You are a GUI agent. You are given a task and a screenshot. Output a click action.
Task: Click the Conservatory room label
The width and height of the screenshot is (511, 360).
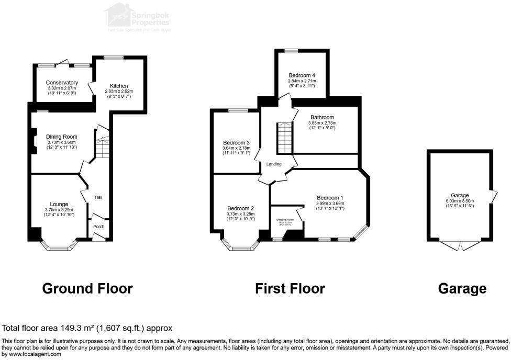(62, 83)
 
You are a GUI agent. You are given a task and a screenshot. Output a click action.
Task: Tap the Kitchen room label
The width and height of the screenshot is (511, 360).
(118, 86)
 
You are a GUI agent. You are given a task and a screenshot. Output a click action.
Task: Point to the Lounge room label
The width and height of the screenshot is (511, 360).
(59, 204)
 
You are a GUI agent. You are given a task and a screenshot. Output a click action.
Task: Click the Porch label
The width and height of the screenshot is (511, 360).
(98, 227)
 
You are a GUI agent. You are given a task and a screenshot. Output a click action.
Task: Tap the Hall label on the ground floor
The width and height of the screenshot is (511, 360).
(98, 197)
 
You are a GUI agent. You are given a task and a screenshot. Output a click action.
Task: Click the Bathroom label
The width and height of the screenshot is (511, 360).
(322, 118)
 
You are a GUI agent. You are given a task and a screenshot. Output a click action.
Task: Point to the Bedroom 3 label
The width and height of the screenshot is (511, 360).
(236, 143)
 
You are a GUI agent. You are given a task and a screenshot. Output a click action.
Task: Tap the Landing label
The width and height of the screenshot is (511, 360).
(274, 164)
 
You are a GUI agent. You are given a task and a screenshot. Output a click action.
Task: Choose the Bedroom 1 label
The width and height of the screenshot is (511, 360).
(329, 198)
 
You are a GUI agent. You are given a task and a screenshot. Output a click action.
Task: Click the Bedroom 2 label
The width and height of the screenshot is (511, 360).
(240, 208)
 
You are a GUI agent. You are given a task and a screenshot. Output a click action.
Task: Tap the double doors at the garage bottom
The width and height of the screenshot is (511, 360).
(460, 245)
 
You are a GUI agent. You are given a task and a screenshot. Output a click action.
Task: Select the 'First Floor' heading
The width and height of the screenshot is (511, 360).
(290, 288)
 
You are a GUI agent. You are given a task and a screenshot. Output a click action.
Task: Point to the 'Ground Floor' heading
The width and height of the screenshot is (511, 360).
(87, 288)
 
